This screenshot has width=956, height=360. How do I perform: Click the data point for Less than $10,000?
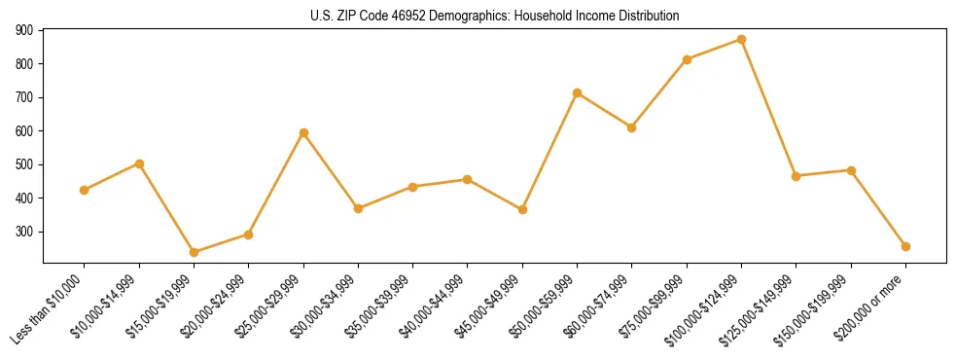[85, 190]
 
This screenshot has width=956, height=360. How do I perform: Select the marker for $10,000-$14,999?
[139, 163]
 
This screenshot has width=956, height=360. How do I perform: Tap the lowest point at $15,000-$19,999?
[194, 252]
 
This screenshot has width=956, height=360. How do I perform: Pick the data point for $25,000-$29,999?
[303, 132]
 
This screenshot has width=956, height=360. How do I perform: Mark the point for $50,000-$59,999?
[578, 92]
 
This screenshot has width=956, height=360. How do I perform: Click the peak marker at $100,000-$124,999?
[741, 40]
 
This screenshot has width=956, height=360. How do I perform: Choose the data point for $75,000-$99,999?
[687, 59]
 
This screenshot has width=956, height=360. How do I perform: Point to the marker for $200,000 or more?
[905, 246]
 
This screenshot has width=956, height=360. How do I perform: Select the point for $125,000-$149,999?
[797, 176]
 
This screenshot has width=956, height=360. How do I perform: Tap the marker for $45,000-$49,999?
[522, 209]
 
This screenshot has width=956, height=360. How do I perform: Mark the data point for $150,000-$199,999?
[851, 170]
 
